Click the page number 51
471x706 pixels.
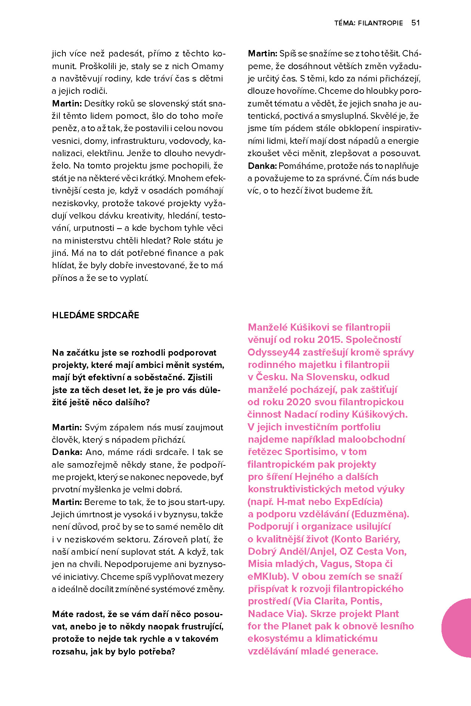415,23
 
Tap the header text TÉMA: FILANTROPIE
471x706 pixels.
369,23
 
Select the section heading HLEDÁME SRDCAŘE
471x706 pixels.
96,315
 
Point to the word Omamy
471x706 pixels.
207,66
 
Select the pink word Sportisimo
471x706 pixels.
310,452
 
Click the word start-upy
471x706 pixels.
207,502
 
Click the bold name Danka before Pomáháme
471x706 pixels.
262,166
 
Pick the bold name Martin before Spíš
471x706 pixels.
262,54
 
